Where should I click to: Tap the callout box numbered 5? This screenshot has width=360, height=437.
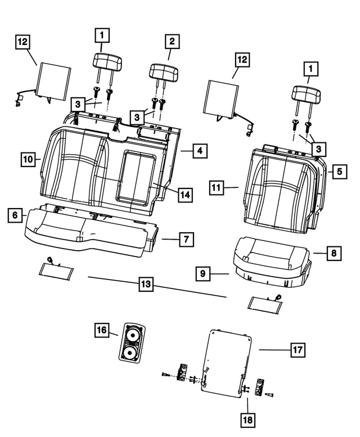pos(338,171)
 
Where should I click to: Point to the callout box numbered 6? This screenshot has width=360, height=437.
pos(15,215)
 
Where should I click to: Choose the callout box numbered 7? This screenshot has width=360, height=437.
pos(185,240)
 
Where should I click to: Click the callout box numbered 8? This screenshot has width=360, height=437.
pos(334,254)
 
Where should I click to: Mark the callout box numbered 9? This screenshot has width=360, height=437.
pos(204,274)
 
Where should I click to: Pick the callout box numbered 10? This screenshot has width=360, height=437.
pos(29,159)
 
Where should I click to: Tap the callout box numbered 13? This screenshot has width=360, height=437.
pos(146,285)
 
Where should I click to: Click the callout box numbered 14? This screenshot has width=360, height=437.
pos(184,195)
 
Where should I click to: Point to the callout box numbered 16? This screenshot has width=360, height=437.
pos(101,331)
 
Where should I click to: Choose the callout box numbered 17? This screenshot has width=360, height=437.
pos(297,350)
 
